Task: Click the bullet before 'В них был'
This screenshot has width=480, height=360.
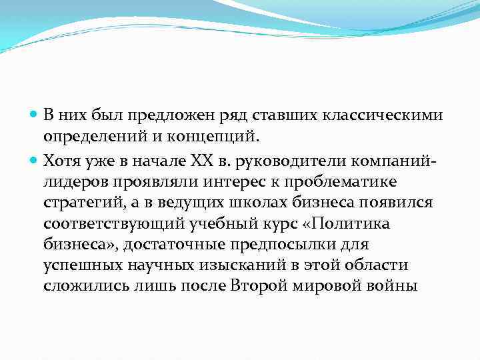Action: click(x=35, y=115)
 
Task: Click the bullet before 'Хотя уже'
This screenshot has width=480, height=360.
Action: click(x=35, y=161)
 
